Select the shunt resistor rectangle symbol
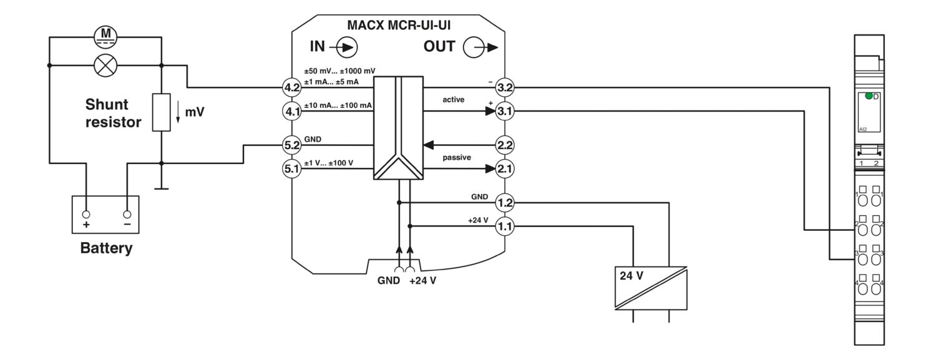pos(161,112)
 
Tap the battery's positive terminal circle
pos(87,214)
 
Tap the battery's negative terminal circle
pos(127,214)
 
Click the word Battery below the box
pos(106,248)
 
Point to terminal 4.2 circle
pos(292,87)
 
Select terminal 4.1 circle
pos(292,112)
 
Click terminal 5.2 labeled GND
pos(292,145)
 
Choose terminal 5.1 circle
pos(292,168)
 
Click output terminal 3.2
pos(504,87)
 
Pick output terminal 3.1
pos(504,112)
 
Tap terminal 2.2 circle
pos(504,145)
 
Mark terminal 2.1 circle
pos(504,168)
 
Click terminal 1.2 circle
pos(504,203)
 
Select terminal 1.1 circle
pos(504,226)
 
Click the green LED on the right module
pos(869,96)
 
